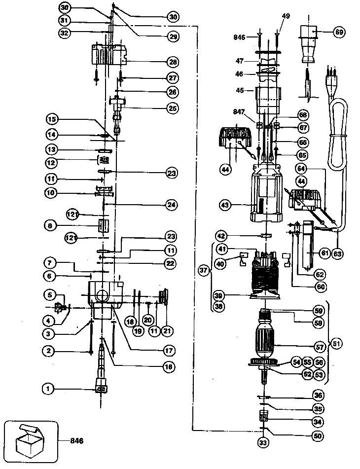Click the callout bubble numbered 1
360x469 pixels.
(x=48, y=389)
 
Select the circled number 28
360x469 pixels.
(x=173, y=62)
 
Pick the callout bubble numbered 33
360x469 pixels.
(x=262, y=442)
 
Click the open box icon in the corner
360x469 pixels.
(x=30, y=440)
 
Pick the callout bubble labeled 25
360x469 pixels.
(x=173, y=108)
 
